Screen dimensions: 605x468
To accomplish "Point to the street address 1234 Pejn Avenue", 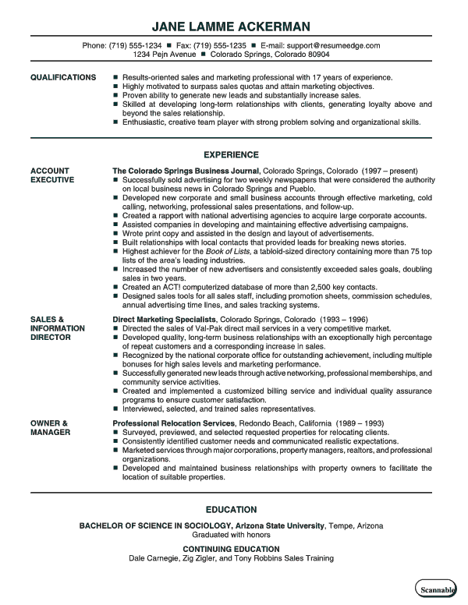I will [165, 55].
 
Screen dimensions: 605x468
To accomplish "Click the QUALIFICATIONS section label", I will [63, 78].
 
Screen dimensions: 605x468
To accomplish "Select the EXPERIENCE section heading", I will [231, 155].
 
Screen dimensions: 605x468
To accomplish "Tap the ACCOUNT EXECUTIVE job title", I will [52, 175].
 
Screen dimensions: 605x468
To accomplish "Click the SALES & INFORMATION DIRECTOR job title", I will [58, 307].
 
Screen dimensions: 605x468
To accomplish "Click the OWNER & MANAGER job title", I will [51, 427].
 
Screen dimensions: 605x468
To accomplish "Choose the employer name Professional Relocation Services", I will [172, 423].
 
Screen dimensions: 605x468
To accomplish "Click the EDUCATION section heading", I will [231, 509].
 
